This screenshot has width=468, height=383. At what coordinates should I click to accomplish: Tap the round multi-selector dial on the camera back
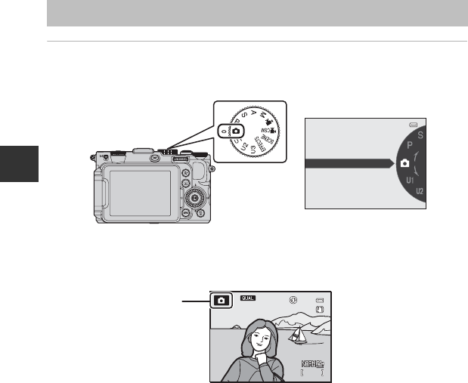[195, 199]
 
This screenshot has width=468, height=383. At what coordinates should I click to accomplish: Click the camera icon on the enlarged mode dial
[235, 131]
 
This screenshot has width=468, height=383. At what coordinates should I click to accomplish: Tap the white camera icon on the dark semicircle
[404, 162]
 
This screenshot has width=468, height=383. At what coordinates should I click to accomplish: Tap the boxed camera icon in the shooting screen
[221, 300]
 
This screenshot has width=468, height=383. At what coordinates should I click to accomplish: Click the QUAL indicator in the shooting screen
[249, 299]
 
